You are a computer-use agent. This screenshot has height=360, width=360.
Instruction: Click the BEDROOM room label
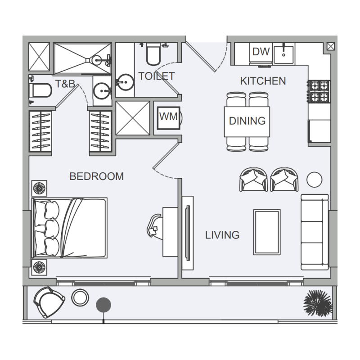(x=96, y=176)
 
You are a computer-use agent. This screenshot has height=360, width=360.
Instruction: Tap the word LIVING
(x=222, y=235)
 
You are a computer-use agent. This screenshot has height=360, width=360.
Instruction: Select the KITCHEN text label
(x=263, y=81)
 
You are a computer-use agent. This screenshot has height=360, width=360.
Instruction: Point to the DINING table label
(x=247, y=121)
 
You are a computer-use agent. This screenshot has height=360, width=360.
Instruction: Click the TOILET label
(x=156, y=76)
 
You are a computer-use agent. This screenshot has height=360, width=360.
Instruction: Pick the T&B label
(x=65, y=84)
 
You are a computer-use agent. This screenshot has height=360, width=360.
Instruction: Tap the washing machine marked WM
(x=168, y=117)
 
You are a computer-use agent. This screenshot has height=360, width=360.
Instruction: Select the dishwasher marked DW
(x=261, y=52)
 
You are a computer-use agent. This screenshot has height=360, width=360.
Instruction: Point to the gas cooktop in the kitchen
(x=319, y=91)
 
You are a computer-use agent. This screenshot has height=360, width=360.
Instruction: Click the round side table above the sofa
(x=314, y=180)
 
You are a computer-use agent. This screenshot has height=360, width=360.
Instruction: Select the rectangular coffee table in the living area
(x=267, y=232)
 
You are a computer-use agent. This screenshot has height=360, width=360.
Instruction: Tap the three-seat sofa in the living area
(x=315, y=232)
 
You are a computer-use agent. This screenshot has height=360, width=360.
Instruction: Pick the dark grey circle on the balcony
(x=103, y=305)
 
